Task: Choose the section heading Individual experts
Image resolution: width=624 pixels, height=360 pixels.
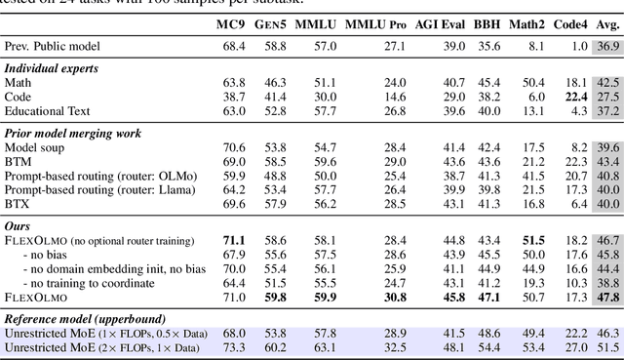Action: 52,67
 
